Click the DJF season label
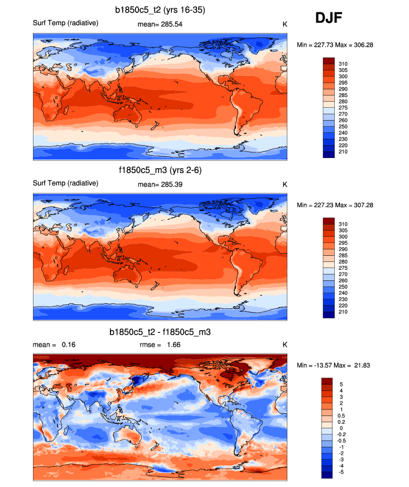coord(328,18)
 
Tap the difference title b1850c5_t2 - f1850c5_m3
coord(160,332)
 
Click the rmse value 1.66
coord(172,345)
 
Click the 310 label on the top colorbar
coord(343,64)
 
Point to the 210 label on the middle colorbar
coord(343,312)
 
